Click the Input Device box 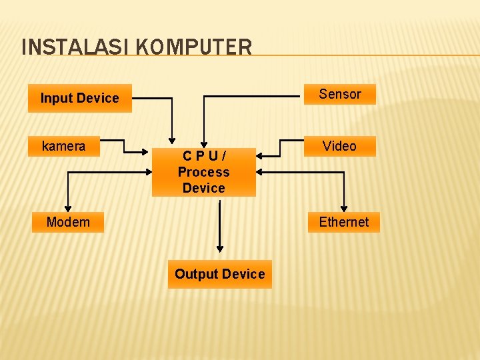79,98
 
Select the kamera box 63,146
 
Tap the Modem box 68,222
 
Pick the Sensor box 339,94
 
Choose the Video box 339,146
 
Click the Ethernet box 343,222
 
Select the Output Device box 219,274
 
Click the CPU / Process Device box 203,172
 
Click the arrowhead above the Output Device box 220,249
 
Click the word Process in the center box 203,172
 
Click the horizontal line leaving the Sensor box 253,97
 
